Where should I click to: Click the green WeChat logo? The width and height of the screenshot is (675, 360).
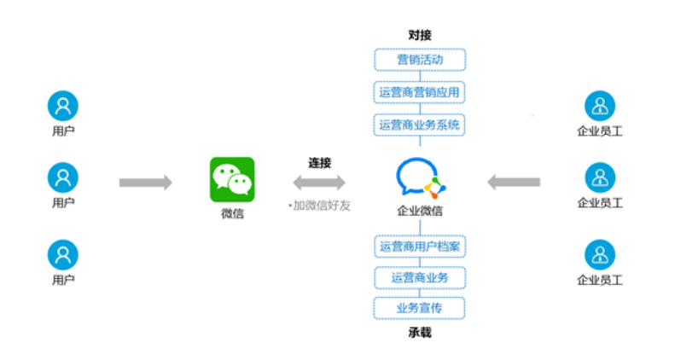tap(232, 179)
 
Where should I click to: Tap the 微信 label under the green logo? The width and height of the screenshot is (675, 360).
tap(232, 213)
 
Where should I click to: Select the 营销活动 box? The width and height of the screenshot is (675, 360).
tap(420, 60)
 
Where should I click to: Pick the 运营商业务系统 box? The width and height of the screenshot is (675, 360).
tap(420, 125)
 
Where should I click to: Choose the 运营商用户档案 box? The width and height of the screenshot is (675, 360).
tap(420, 247)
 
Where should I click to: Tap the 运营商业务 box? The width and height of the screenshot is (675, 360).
tap(420, 277)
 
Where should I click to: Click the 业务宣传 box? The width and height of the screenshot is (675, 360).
tap(420, 307)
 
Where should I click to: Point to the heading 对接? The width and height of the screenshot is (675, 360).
tap(420, 35)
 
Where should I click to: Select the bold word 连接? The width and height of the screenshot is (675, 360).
tap(320, 162)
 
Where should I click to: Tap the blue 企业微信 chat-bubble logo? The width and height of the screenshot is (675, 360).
tap(420, 177)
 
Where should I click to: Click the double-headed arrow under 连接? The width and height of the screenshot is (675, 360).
tap(319, 182)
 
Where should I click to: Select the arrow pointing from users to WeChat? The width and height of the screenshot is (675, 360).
tap(145, 182)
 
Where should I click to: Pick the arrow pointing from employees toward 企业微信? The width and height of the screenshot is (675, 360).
tap(514, 181)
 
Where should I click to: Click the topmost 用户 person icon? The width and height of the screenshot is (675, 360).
tap(63, 106)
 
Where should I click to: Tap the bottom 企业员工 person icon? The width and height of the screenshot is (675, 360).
tap(600, 254)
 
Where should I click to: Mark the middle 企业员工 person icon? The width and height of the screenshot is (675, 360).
tap(600, 178)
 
